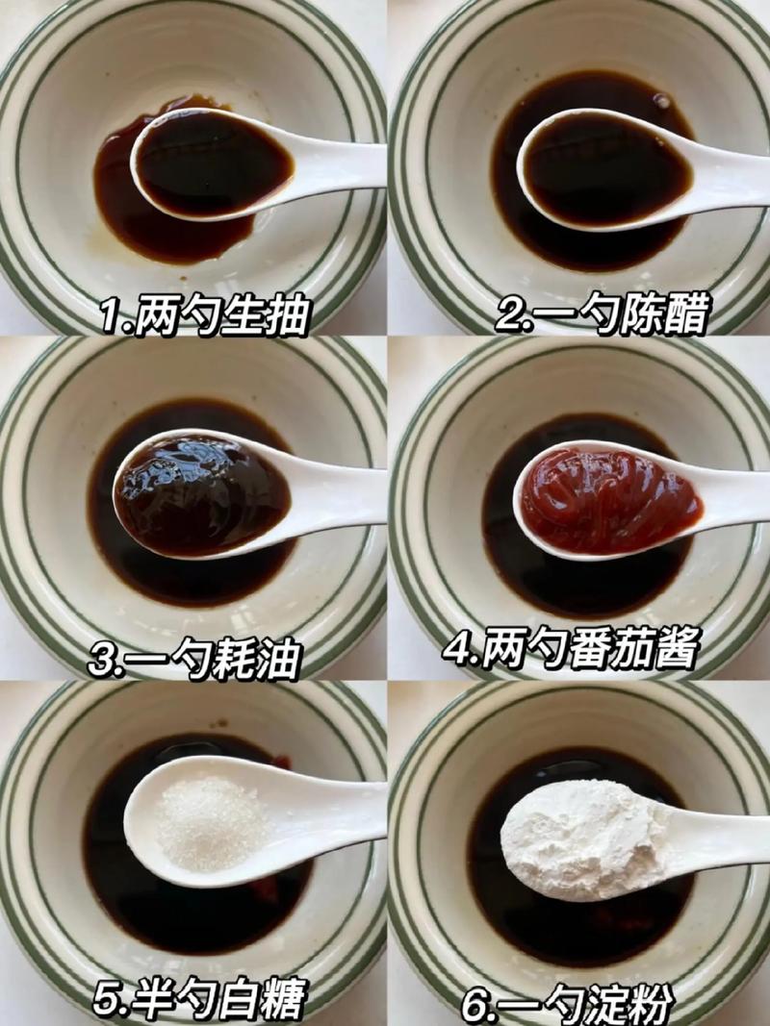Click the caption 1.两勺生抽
click(204, 314)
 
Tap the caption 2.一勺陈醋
click(603, 314)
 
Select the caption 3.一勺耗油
click(194, 660)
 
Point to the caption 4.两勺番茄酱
click(571, 649)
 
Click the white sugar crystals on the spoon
click(212, 822)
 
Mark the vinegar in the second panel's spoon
click(606, 173)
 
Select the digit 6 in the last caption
click(475, 1005)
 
